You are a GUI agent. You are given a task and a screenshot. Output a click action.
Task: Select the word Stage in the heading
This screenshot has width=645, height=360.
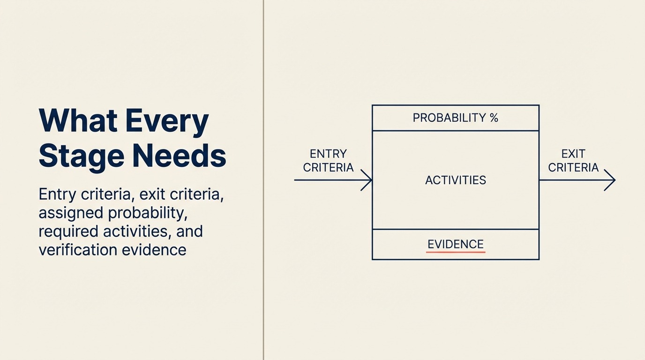coord(82,157)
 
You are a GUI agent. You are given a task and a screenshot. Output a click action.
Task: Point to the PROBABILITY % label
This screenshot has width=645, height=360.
coord(456,118)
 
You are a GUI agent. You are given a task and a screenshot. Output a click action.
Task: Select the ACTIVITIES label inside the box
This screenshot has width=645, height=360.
coord(456,180)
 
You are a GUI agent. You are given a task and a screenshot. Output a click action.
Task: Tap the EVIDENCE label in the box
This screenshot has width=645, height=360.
coord(456,244)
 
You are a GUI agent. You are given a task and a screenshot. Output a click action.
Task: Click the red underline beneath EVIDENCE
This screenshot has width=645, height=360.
coord(456,252)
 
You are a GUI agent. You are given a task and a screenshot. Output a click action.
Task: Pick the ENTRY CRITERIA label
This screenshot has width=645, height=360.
coord(328,161)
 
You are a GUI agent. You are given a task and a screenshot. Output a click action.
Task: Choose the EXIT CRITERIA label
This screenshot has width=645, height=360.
coord(573,161)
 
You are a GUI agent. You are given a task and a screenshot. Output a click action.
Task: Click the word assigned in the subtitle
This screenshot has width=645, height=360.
coord(71,213)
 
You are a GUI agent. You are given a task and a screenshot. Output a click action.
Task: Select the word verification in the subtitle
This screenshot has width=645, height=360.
coord(78,249)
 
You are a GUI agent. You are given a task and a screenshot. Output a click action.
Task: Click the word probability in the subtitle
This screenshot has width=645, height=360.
coord(148,213)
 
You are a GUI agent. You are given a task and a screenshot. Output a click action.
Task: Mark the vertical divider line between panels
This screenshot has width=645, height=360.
coord(263,180)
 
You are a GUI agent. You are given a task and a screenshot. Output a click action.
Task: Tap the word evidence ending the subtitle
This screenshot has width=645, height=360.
coord(154,249)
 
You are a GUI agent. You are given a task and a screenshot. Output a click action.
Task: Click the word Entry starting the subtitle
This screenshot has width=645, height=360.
coord(58,195)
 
